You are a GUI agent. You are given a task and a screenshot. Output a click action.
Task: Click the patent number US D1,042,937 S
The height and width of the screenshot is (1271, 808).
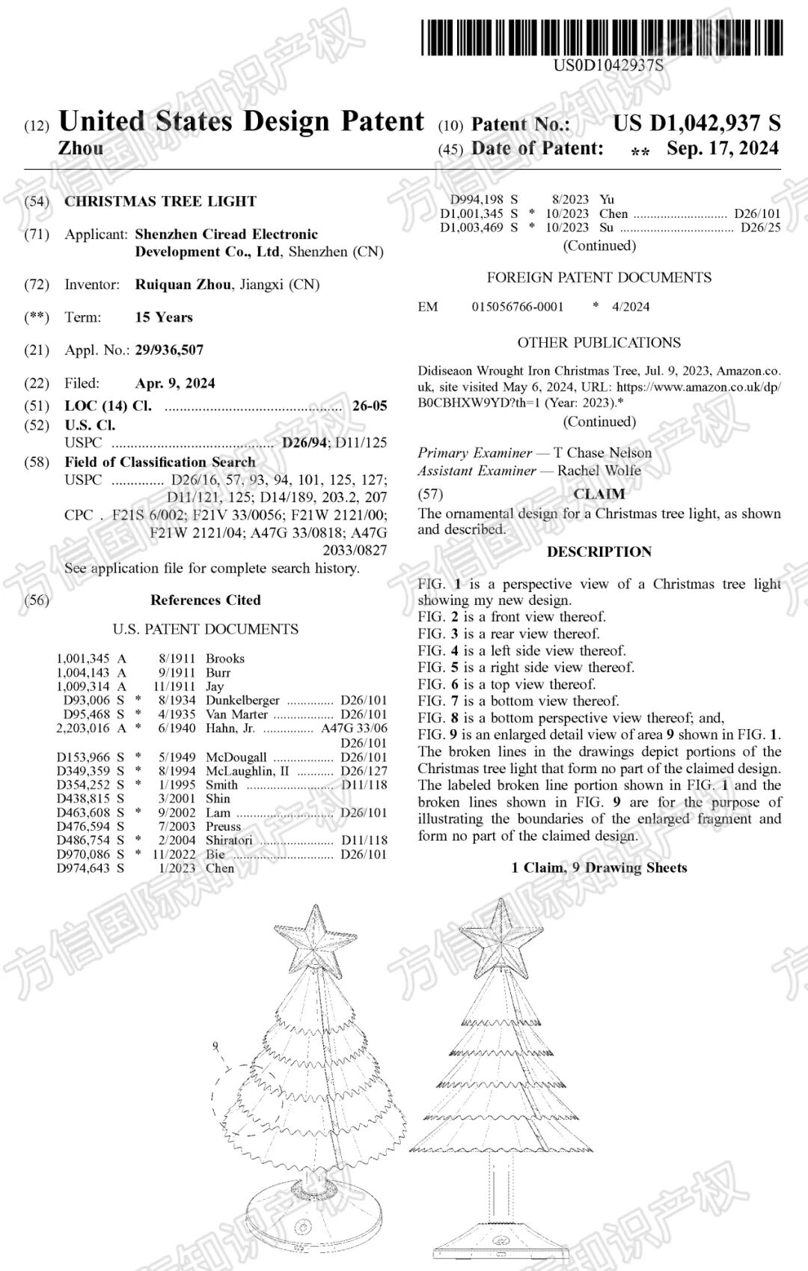point(697,123)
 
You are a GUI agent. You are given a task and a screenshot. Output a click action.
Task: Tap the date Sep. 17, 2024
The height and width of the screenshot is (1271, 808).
point(722,148)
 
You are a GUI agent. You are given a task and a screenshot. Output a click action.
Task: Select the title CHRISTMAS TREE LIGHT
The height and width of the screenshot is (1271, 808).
point(160,201)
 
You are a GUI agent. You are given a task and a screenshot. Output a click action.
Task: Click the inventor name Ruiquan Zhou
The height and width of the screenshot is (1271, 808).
point(183,284)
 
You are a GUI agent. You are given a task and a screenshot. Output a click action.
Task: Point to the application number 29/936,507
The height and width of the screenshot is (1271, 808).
point(169,350)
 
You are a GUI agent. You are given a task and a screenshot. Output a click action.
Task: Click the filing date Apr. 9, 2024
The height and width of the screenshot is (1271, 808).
point(175,383)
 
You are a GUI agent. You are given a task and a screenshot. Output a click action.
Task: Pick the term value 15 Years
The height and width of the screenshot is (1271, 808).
point(164,317)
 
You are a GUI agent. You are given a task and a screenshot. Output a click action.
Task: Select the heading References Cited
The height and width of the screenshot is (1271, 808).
point(206,600)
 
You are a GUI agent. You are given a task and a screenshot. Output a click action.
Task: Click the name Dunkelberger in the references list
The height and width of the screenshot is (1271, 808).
point(242,701)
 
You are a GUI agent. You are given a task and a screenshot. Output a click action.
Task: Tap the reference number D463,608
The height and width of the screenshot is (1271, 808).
point(83,812)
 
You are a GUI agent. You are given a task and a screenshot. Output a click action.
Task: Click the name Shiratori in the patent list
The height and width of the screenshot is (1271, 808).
point(229,841)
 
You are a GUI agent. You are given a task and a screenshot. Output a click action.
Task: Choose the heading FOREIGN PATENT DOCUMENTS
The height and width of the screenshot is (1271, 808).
point(599,278)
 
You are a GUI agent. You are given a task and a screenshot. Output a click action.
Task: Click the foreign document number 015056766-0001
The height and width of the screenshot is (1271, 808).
point(518,307)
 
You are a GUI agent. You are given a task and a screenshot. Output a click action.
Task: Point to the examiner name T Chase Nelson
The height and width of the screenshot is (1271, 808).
point(602,453)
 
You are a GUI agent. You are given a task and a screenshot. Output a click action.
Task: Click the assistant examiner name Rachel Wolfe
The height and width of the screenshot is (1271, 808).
point(599,471)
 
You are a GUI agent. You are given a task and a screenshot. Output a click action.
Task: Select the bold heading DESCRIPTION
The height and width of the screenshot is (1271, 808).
point(599,552)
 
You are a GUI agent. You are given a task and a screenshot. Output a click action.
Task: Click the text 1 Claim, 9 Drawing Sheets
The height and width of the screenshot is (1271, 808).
point(599,868)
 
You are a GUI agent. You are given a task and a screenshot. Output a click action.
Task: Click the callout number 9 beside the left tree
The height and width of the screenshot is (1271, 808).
point(215,1046)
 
